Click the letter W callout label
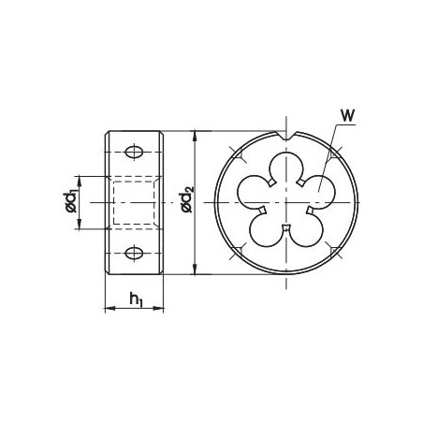346,117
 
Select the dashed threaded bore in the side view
135,201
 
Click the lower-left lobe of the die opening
264,229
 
